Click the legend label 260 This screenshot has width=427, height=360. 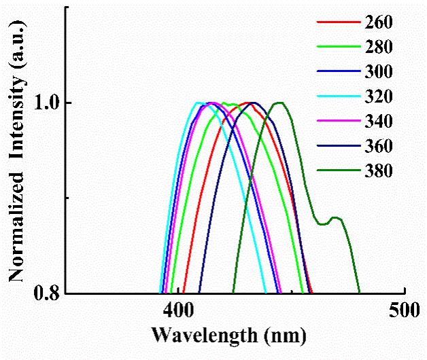[379, 22]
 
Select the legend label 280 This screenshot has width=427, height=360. [379, 47]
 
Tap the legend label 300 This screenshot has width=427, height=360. [379, 72]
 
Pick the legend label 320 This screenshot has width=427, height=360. [379, 97]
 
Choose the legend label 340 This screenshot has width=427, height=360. [379, 122]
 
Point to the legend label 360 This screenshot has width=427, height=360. [379, 146]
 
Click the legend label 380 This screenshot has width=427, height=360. [379, 170]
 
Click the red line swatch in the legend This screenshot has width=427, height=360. [337, 22]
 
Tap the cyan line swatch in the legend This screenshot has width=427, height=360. [337, 97]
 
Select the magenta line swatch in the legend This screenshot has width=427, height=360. [337, 122]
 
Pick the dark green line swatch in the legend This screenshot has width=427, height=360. [337, 170]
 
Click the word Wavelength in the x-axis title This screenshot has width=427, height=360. [205, 335]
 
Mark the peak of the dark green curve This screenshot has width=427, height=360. [279, 103]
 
